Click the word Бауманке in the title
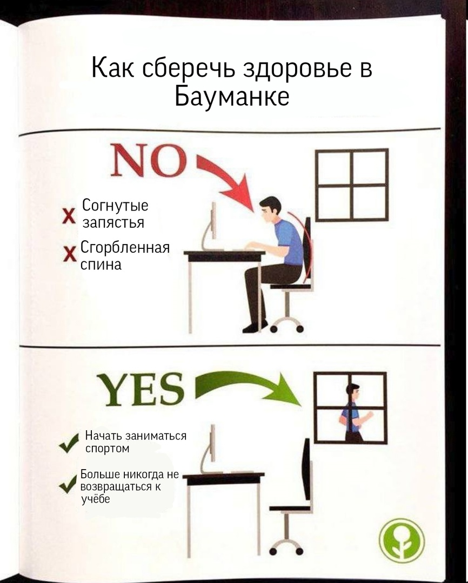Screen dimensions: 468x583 pyautogui.click(x=232, y=96)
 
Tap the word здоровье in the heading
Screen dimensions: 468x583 pyautogui.click(x=296, y=69)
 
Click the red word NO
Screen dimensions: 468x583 pyautogui.click(x=148, y=160)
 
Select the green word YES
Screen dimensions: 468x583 pyautogui.click(x=141, y=389)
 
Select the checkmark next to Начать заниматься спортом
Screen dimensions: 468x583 pyautogui.click(x=69, y=443)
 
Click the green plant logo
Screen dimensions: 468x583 pyautogui.click(x=402, y=540)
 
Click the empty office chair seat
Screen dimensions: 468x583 pyautogui.click(x=290, y=508)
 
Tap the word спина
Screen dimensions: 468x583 pyautogui.click(x=101, y=265)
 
